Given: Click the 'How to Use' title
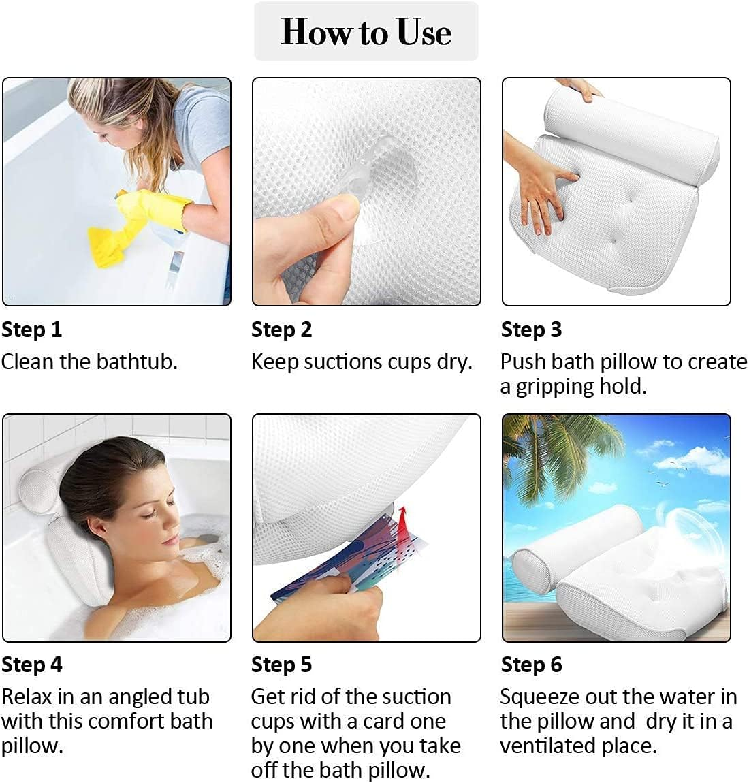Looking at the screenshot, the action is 366,31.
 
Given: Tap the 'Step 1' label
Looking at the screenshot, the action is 31,330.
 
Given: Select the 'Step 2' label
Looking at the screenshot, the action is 282,330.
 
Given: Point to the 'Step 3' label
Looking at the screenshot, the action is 531,330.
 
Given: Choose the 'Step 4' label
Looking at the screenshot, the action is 32,665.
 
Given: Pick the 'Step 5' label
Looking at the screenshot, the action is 282,665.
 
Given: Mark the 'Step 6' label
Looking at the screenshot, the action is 531,665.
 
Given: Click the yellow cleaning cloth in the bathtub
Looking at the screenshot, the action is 105,246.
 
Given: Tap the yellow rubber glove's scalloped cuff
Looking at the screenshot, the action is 184,215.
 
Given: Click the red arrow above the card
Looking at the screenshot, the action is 402,524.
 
